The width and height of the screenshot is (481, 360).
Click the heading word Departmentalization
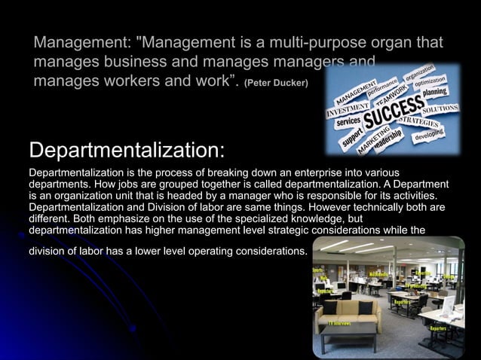click(x=126, y=148)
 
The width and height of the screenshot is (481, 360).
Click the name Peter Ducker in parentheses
click(x=277, y=81)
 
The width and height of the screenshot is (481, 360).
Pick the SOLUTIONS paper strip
click(x=440, y=108)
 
